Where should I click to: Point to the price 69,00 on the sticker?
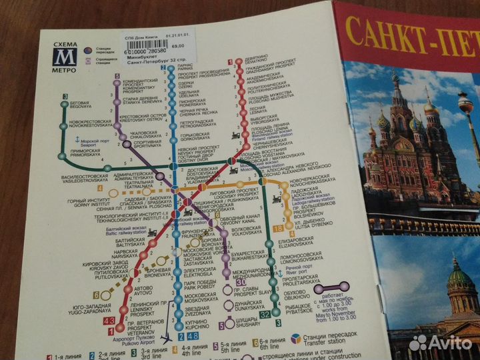pyautogui.click(x=177, y=46)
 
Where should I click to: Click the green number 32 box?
pyautogui.click(x=265, y=313)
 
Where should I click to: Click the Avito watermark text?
pyautogui.click(x=443, y=342)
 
